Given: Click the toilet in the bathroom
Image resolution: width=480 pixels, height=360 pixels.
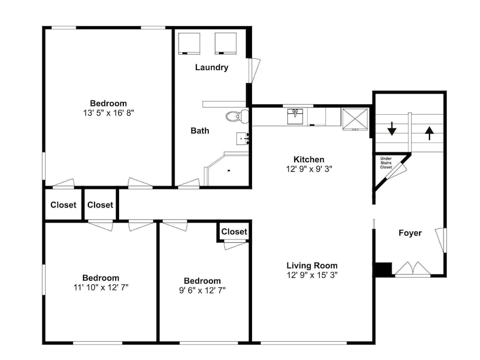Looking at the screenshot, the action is point(237,116).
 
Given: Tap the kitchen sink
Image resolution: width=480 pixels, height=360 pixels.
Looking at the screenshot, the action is point(295,116).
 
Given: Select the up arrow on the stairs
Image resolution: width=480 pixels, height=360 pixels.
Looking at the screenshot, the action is point(430,133).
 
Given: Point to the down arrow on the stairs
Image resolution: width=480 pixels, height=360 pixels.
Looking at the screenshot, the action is point(392,129).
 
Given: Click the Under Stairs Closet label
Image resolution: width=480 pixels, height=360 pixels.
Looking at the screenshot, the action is point(386,163).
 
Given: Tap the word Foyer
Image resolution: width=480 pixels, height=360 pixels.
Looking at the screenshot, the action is point(410,233).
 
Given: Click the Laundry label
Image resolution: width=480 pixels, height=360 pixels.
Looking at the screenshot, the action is point(212,67).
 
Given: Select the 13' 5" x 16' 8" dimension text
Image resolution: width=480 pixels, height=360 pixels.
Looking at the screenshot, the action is point(108,113).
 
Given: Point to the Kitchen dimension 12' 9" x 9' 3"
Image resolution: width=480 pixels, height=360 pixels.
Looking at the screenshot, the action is point(309,169).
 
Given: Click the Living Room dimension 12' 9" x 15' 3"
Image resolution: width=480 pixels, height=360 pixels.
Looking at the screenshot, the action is point(312,275).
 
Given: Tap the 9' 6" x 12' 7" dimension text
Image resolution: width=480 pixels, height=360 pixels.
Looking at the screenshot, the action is point(203,290).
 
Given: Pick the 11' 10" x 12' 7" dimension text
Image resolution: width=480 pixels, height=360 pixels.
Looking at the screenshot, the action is point(101,287).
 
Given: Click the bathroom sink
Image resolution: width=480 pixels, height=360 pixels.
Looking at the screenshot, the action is point(242,139).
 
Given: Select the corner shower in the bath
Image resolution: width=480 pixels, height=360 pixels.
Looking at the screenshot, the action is point(227,170).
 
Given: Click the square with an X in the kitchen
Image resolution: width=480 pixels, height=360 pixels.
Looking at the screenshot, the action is point(355,120).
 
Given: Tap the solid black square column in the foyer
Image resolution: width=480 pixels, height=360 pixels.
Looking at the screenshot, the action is point(383,269).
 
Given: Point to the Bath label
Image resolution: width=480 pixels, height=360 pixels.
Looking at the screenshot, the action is point(200,131).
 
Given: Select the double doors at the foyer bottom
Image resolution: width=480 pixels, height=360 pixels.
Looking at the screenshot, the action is point(413,268).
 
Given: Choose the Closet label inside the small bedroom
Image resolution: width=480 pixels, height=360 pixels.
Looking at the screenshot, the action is point(234,232).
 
